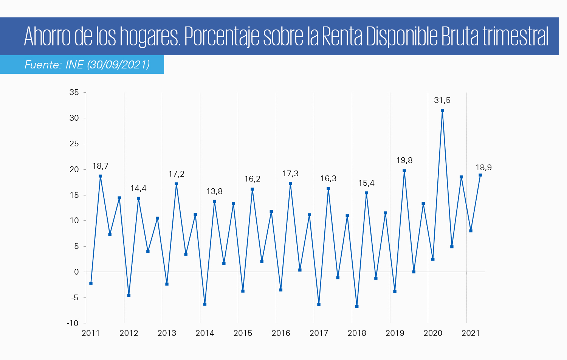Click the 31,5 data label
tap(442, 100)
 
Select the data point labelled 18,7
tap(100, 176)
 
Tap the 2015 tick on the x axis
tap(243, 333)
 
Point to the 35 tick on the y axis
tap(74, 93)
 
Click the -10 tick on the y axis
tap(73, 323)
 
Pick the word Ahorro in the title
tap(47, 37)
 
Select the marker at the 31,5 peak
tap(442, 110)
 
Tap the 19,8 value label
tap(404, 160)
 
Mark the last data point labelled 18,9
tap(480, 175)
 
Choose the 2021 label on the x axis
tap(471, 333)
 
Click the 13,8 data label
tap(214, 191)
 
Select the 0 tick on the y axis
tap(77, 272)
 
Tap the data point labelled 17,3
tap(290, 184)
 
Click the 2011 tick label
tap(91, 333)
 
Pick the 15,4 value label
tap(366, 183)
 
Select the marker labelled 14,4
tap(138, 199)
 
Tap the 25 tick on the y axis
tap(74, 144)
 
